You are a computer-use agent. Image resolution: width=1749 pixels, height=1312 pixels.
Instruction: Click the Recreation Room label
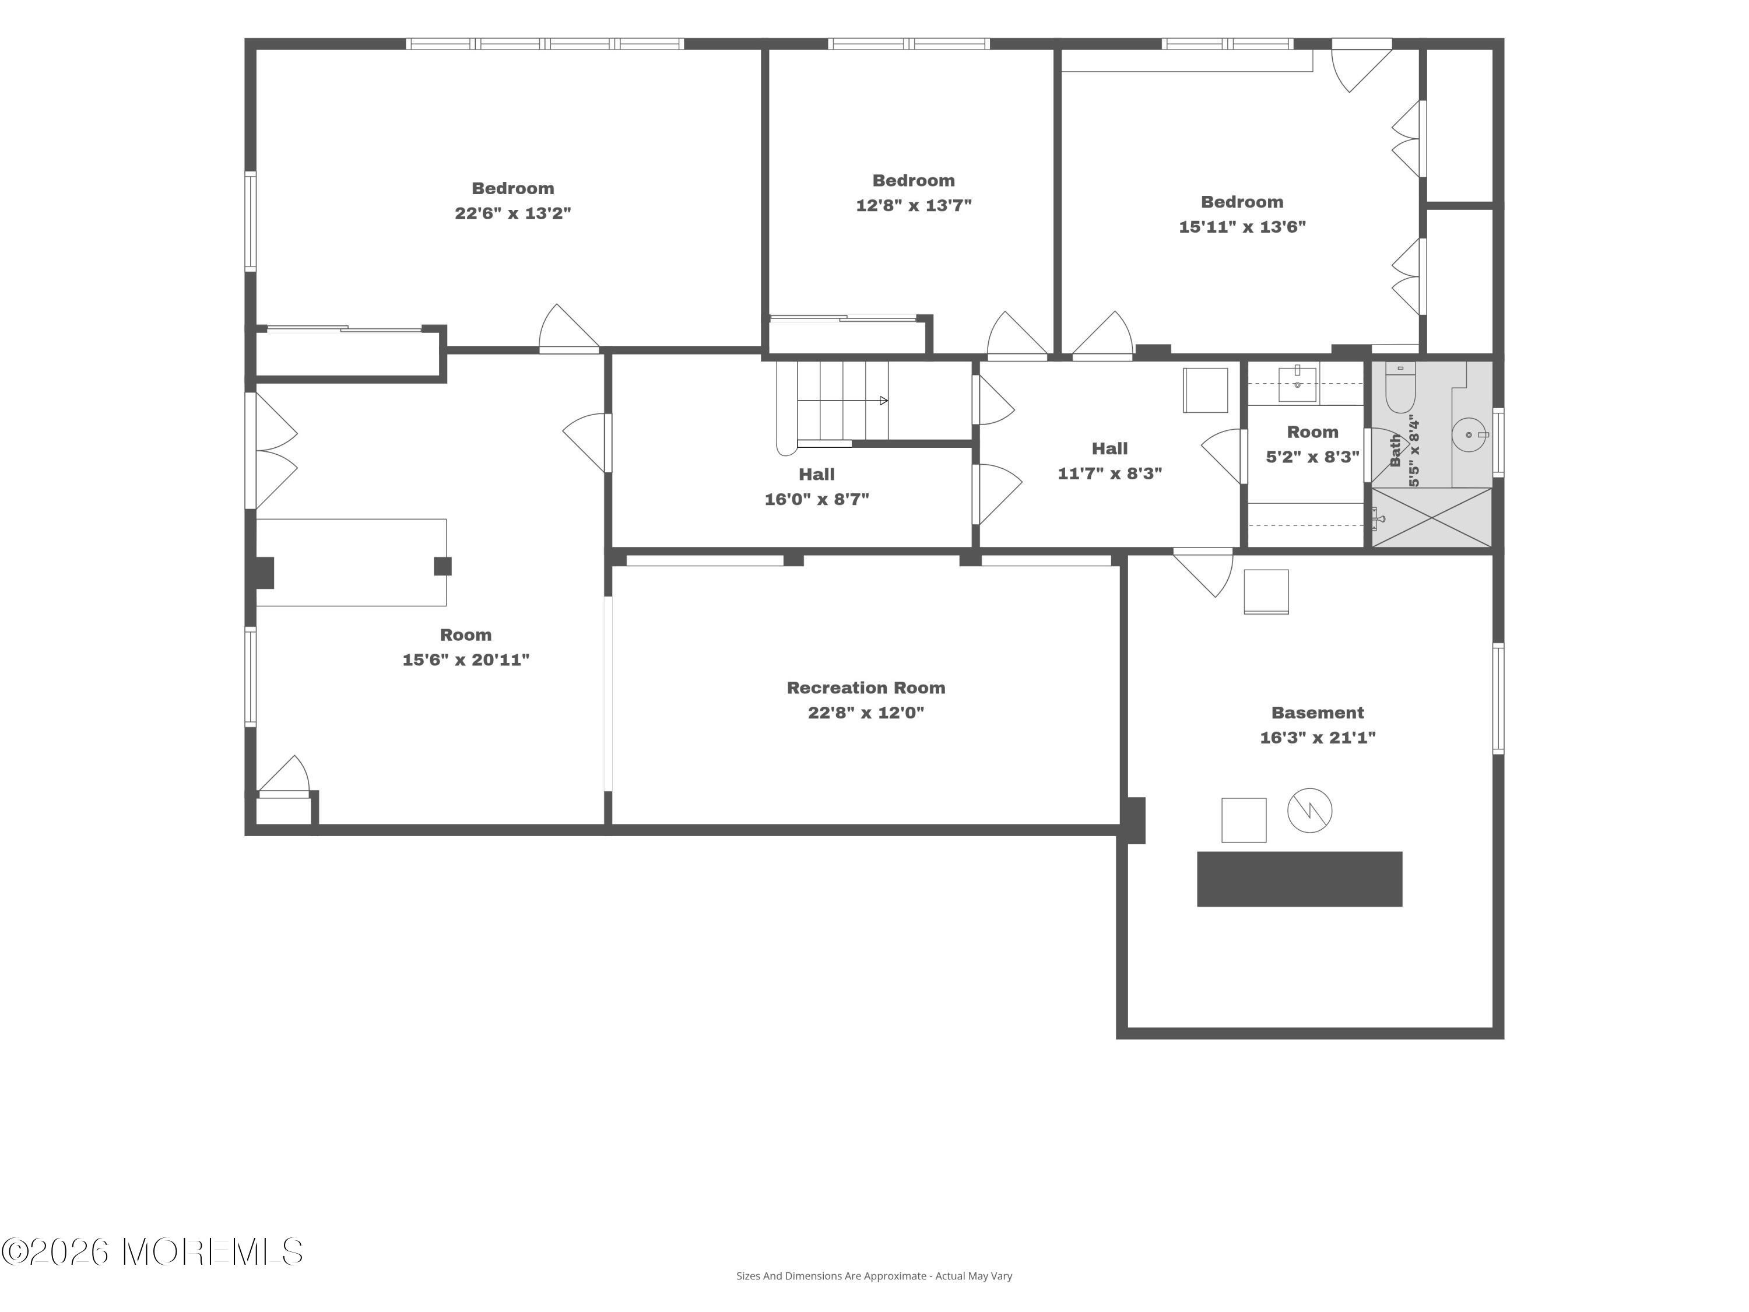(866, 687)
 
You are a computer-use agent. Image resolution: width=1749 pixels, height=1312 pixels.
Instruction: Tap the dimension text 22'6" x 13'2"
(512, 213)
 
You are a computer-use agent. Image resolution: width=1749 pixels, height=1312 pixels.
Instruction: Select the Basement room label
(1317, 713)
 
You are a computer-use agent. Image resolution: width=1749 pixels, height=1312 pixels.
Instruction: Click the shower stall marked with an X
(1431, 517)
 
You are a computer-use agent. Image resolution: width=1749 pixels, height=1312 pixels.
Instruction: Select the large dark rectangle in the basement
(1299, 879)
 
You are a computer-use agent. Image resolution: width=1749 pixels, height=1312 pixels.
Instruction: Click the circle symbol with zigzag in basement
(1309, 811)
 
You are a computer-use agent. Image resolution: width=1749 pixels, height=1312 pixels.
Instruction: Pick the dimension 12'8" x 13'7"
(913, 205)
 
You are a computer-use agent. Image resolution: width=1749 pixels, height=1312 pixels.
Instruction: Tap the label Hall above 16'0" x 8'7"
(817, 475)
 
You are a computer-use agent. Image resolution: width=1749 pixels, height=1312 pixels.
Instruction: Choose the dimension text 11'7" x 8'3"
(1109, 473)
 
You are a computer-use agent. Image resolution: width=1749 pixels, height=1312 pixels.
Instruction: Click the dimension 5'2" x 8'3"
(1312, 457)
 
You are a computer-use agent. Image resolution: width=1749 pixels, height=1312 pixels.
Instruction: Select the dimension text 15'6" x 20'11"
(466, 659)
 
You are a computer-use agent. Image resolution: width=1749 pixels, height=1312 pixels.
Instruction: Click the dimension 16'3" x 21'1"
(1317, 737)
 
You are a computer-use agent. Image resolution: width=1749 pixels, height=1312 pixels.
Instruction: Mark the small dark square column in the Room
(442, 566)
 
